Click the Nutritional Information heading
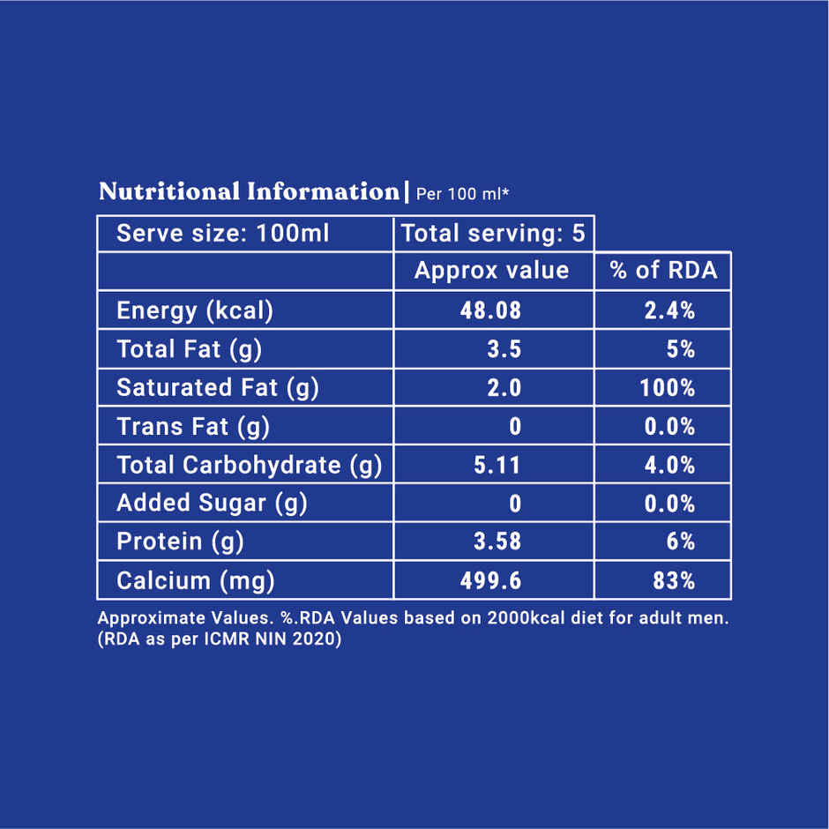coord(249,191)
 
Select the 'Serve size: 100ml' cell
coord(222,234)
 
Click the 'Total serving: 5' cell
coord(493,234)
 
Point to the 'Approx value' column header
coord(491,271)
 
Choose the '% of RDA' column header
coord(663,271)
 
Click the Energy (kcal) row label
coord(195,310)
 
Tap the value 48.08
coord(491,310)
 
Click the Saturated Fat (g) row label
coord(217,387)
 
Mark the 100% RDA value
coord(668,388)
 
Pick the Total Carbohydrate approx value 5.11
coord(497,465)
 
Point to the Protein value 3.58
coord(497,541)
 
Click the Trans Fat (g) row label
coord(193,427)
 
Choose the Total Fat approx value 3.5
coord(504,349)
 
